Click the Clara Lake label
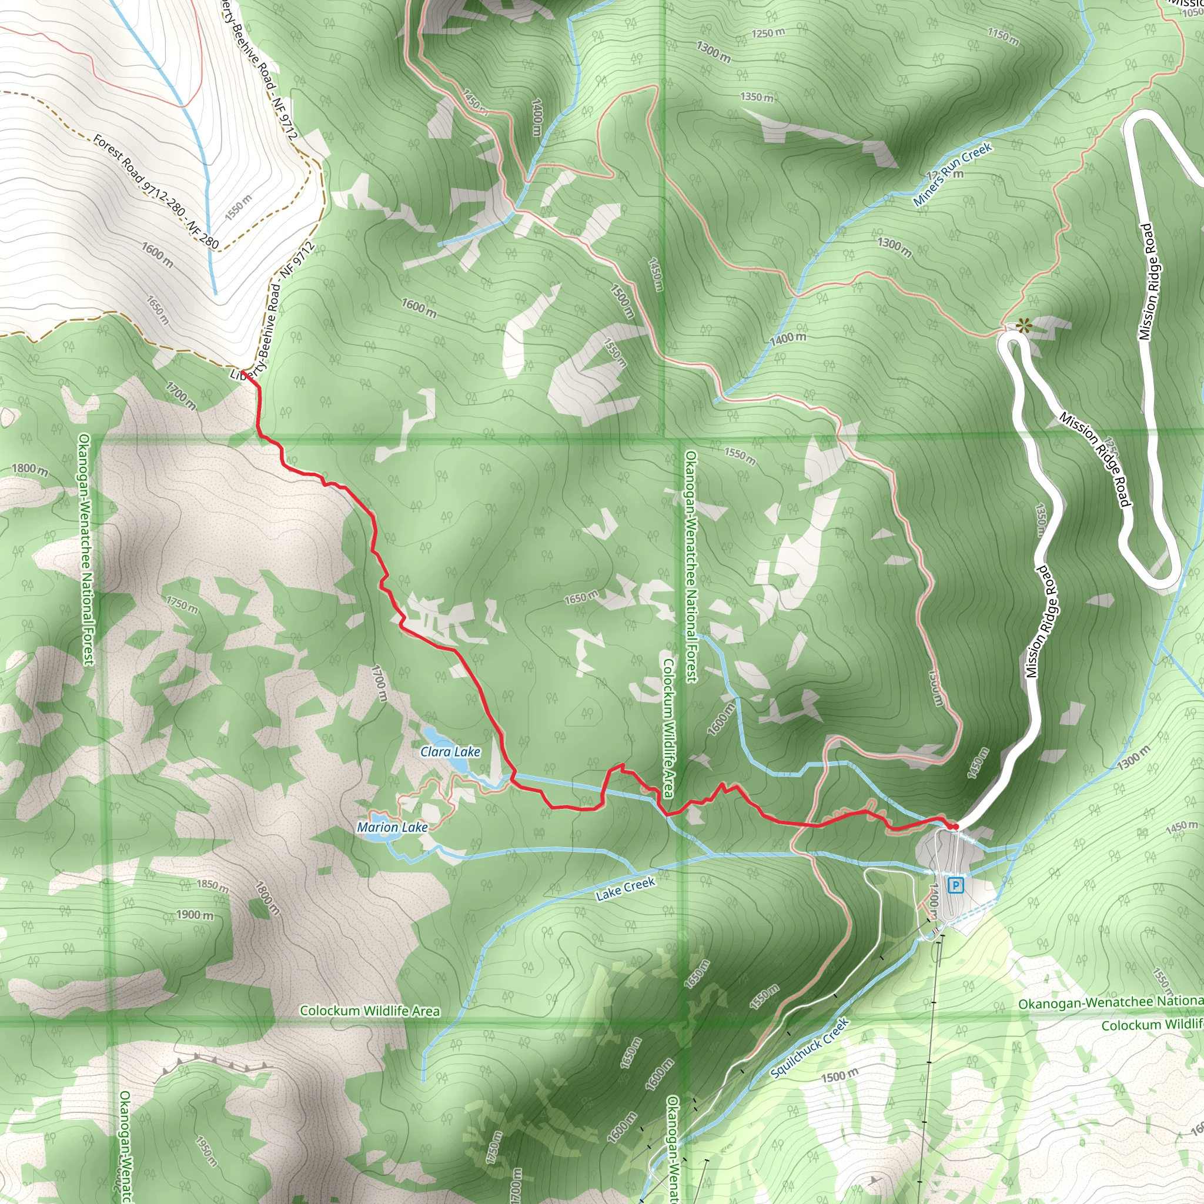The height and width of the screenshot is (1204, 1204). click(450, 751)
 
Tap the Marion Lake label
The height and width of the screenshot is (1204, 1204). click(392, 827)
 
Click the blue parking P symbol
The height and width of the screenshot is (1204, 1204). click(955, 885)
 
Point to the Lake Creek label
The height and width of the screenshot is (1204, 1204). click(625, 889)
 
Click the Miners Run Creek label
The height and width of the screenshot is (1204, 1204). click(952, 174)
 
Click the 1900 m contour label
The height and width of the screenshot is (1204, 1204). click(195, 915)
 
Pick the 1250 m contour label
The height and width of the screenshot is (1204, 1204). click(768, 32)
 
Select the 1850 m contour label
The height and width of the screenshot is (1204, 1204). click(212, 884)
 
